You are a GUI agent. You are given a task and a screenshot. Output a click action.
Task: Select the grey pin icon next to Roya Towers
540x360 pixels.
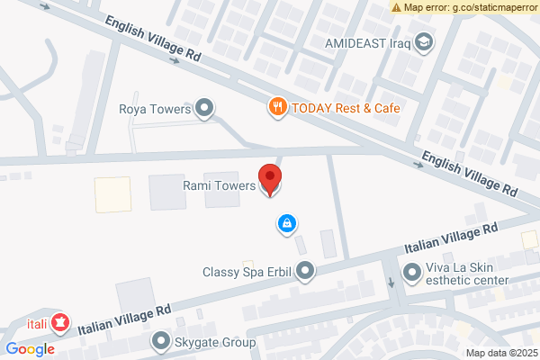(x=205, y=109)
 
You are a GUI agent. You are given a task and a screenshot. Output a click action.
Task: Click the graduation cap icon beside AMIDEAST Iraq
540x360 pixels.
(x=424, y=41)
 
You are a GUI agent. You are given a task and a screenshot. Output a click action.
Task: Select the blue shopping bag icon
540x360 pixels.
(x=286, y=222)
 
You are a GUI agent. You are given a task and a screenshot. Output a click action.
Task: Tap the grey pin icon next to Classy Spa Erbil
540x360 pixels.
(x=306, y=270)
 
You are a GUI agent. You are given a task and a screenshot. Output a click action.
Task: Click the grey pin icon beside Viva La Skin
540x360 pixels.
(x=412, y=271)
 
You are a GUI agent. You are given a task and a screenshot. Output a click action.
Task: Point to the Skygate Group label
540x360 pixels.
(x=215, y=342)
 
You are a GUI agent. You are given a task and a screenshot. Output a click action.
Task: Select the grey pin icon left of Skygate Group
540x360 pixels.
(x=161, y=341)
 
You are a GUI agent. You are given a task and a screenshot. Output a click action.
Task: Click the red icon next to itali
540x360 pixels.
(x=60, y=320)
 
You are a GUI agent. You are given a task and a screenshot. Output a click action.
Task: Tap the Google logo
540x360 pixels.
(x=31, y=349)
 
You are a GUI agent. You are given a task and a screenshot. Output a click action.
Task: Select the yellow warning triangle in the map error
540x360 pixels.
(x=397, y=7)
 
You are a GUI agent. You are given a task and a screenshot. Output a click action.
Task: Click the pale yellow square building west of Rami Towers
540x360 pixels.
(x=113, y=193)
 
